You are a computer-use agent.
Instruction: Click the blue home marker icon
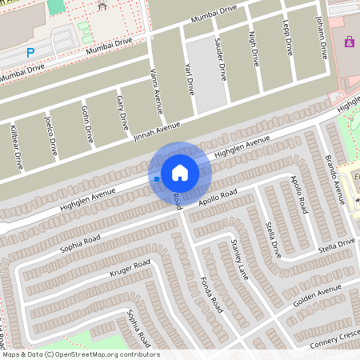[x=180, y=173]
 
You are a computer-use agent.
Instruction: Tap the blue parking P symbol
[x=30, y=53]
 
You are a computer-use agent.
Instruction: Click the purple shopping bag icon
[x=349, y=42]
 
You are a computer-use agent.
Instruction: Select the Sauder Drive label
[x=222, y=61]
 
